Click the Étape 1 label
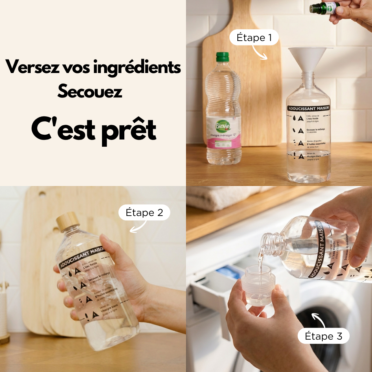(x=254, y=38)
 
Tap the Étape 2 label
(x=144, y=213)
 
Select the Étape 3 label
(x=323, y=336)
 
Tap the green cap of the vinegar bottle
(x=223, y=57)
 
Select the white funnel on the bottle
(x=310, y=59)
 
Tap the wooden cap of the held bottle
(x=68, y=221)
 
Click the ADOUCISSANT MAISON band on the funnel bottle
(x=309, y=108)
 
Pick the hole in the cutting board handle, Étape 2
(x=42, y=194)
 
